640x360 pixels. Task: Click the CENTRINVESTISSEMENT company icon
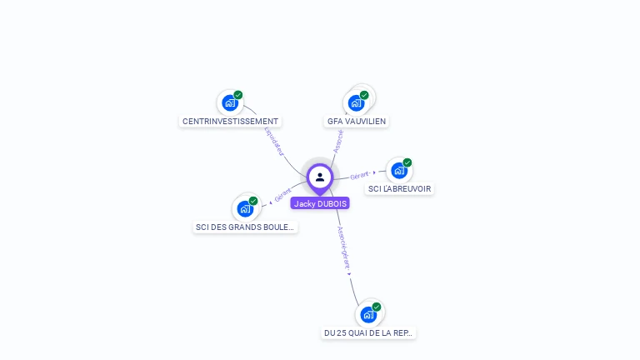(x=229, y=103)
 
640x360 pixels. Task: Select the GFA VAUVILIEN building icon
(x=357, y=103)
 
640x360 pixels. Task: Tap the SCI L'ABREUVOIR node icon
(x=399, y=171)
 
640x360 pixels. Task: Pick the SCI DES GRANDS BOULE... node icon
(x=245, y=208)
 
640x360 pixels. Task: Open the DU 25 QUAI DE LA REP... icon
(x=368, y=315)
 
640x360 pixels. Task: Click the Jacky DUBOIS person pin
(x=320, y=177)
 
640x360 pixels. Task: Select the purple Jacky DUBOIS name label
(x=320, y=203)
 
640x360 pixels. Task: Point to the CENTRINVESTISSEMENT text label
(x=231, y=122)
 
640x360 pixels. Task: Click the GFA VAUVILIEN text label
(x=357, y=122)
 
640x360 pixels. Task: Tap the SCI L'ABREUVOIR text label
(x=400, y=189)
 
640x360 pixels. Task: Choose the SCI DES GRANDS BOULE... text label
(x=245, y=227)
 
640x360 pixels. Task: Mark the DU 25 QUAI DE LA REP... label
(x=368, y=333)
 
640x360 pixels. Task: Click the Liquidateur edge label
(x=274, y=141)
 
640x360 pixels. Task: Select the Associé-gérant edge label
(x=343, y=247)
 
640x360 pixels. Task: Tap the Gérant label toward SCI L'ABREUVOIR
(x=360, y=175)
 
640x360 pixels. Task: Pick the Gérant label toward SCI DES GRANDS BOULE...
(x=283, y=196)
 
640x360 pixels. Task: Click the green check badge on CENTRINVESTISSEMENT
(x=238, y=95)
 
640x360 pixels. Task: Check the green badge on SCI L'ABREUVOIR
(x=407, y=162)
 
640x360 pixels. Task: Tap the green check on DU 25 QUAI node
(x=377, y=307)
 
